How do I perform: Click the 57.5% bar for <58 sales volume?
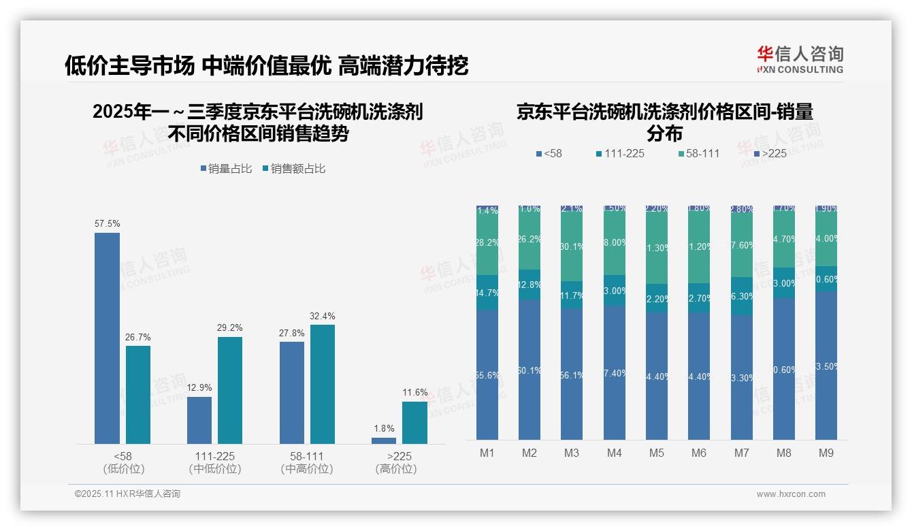[107, 338]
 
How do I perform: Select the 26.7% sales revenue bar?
[138, 395]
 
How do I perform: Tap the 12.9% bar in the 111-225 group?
[199, 420]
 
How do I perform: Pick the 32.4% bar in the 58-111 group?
[323, 384]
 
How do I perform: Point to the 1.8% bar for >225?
[384, 440]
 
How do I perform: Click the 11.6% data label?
[415, 392]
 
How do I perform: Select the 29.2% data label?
[230, 327]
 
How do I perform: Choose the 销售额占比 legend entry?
[293, 168]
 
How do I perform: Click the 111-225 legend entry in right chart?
[619, 153]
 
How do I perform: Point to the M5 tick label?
[656, 453]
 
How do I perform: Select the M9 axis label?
[826, 453]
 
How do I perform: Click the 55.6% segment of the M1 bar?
[487, 375]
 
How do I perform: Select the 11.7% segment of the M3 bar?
[572, 295]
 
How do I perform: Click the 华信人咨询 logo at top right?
[800, 59]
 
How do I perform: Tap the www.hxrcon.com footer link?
[791, 494]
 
